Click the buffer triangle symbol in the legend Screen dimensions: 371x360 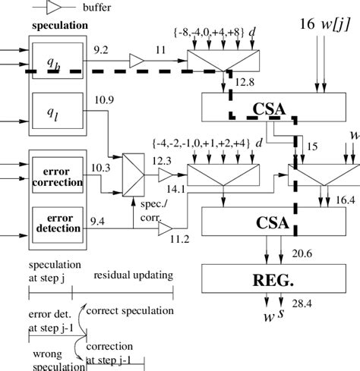click(55, 8)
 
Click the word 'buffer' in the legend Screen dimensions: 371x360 click(98, 8)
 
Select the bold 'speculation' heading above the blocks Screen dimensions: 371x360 click(60, 26)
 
